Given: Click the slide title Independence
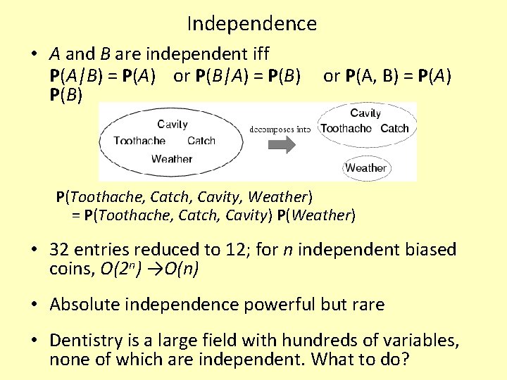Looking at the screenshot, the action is (252, 24).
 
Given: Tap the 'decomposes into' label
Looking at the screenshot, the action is (280, 129).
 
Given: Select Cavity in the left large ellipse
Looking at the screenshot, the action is (172, 124).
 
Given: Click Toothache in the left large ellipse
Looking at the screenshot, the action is (139, 141).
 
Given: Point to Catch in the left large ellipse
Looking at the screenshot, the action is (201, 141).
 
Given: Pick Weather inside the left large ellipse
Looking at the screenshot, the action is (171, 158).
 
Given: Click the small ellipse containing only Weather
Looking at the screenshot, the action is (365, 167).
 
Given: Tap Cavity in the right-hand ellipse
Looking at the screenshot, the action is (365, 113).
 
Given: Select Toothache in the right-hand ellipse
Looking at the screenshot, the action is (346, 128).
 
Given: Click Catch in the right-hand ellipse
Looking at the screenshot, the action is (394, 128).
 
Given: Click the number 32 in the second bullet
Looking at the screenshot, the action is (59, 250).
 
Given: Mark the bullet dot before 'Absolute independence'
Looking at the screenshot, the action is (34, 305).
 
